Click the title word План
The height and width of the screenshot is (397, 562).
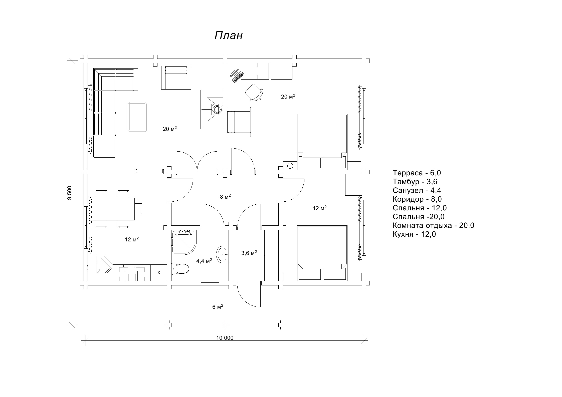229,36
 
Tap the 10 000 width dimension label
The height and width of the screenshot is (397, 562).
225,338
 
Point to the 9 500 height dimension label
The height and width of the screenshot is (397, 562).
70,193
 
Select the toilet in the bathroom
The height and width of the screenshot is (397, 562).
180,269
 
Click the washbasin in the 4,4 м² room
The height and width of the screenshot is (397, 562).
222,254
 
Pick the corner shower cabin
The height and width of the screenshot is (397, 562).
184,242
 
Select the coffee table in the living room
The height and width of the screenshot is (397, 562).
137,117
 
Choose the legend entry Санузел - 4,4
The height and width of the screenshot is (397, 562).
417,190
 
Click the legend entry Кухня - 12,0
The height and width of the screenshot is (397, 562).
414,234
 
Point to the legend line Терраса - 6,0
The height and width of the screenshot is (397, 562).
417,173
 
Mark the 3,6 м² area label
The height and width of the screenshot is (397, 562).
249,253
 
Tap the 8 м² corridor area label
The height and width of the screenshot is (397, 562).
225,197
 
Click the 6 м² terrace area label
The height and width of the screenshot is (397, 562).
218,307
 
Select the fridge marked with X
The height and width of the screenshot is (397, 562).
159,273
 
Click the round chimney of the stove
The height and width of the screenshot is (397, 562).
217,109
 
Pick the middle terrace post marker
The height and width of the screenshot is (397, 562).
225,325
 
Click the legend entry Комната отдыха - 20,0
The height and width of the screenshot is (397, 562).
433,225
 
